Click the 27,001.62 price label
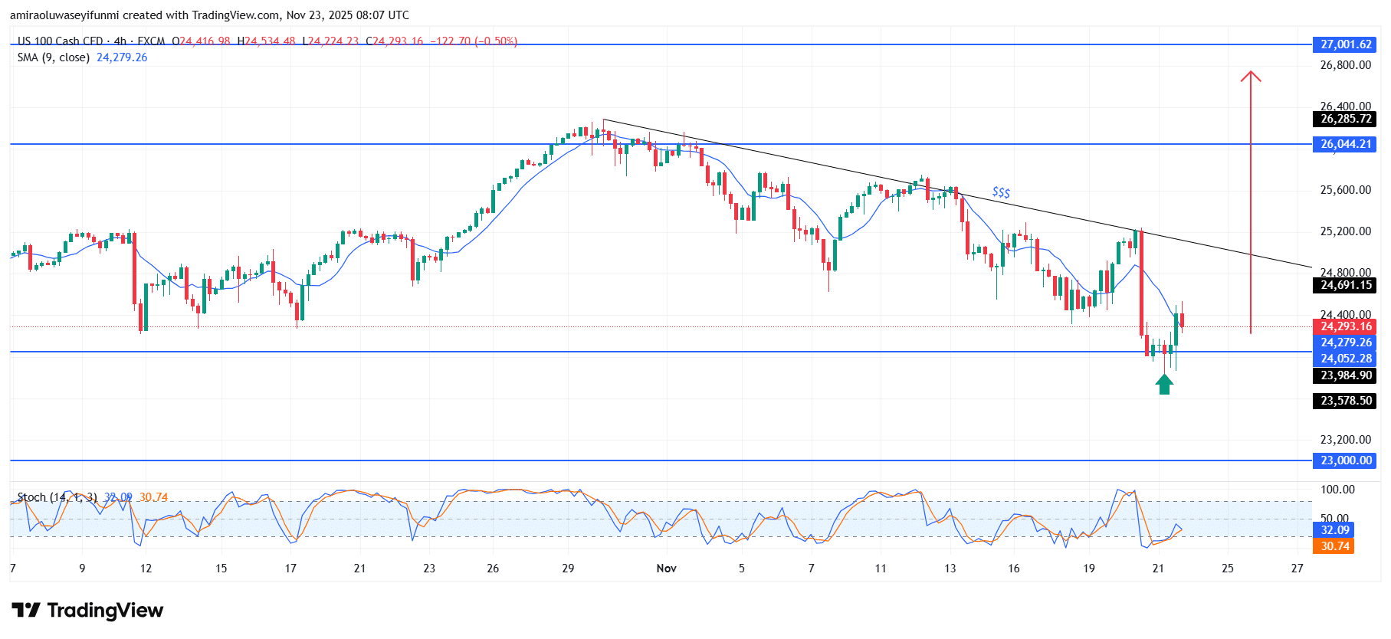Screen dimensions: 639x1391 (x=1345, y=44)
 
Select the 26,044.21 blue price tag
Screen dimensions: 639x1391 (x=1345, y=144)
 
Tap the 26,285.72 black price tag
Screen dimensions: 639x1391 (x=1345, y=119)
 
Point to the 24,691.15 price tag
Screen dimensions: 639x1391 (x=1345, y=285)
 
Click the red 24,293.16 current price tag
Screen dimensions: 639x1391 (x=1345, y=326)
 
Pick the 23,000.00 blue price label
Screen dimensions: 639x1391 (x=1345, y=460)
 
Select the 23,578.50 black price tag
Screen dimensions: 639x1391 (x=1345, y=401)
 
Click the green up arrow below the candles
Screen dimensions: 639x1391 (x=1164, y=384)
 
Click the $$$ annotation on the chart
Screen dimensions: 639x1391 (x=1001, y=192)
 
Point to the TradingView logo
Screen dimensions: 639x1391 (x=87, y=611)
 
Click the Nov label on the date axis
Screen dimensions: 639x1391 (x=667, y=569)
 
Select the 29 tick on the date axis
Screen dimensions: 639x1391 (x=568, y=569)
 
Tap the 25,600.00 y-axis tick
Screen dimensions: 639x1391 (x=1345, y=190)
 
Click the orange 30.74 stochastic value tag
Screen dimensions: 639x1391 (x=1334, y=546)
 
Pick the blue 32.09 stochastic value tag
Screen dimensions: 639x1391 (x=1334, y=530)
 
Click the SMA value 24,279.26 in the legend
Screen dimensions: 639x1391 (x=122, y=57)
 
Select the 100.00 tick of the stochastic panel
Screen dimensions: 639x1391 (x=1337, y=490)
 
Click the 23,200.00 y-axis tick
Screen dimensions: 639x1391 (x=1345, y=440)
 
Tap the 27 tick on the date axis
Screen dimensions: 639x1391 (x=1297, y=569)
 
